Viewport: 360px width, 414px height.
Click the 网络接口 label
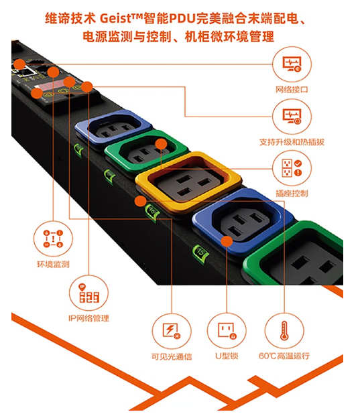292,90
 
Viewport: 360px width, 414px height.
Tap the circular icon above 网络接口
292,64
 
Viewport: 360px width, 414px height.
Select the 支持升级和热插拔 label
292,142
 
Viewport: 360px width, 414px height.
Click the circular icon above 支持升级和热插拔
292,117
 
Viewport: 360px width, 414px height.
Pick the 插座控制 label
292,194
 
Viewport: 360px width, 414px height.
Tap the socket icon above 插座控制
292,168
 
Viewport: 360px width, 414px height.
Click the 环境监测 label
53,264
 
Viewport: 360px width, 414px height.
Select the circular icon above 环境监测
53,239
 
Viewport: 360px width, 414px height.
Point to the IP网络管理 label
88,318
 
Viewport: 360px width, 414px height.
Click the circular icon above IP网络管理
88,293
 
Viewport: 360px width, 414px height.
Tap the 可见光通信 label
172,356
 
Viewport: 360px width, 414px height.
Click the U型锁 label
227,356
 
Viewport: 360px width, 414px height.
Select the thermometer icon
284,330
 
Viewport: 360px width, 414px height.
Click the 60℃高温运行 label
284,356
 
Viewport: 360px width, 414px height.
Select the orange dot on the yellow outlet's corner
140,202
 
